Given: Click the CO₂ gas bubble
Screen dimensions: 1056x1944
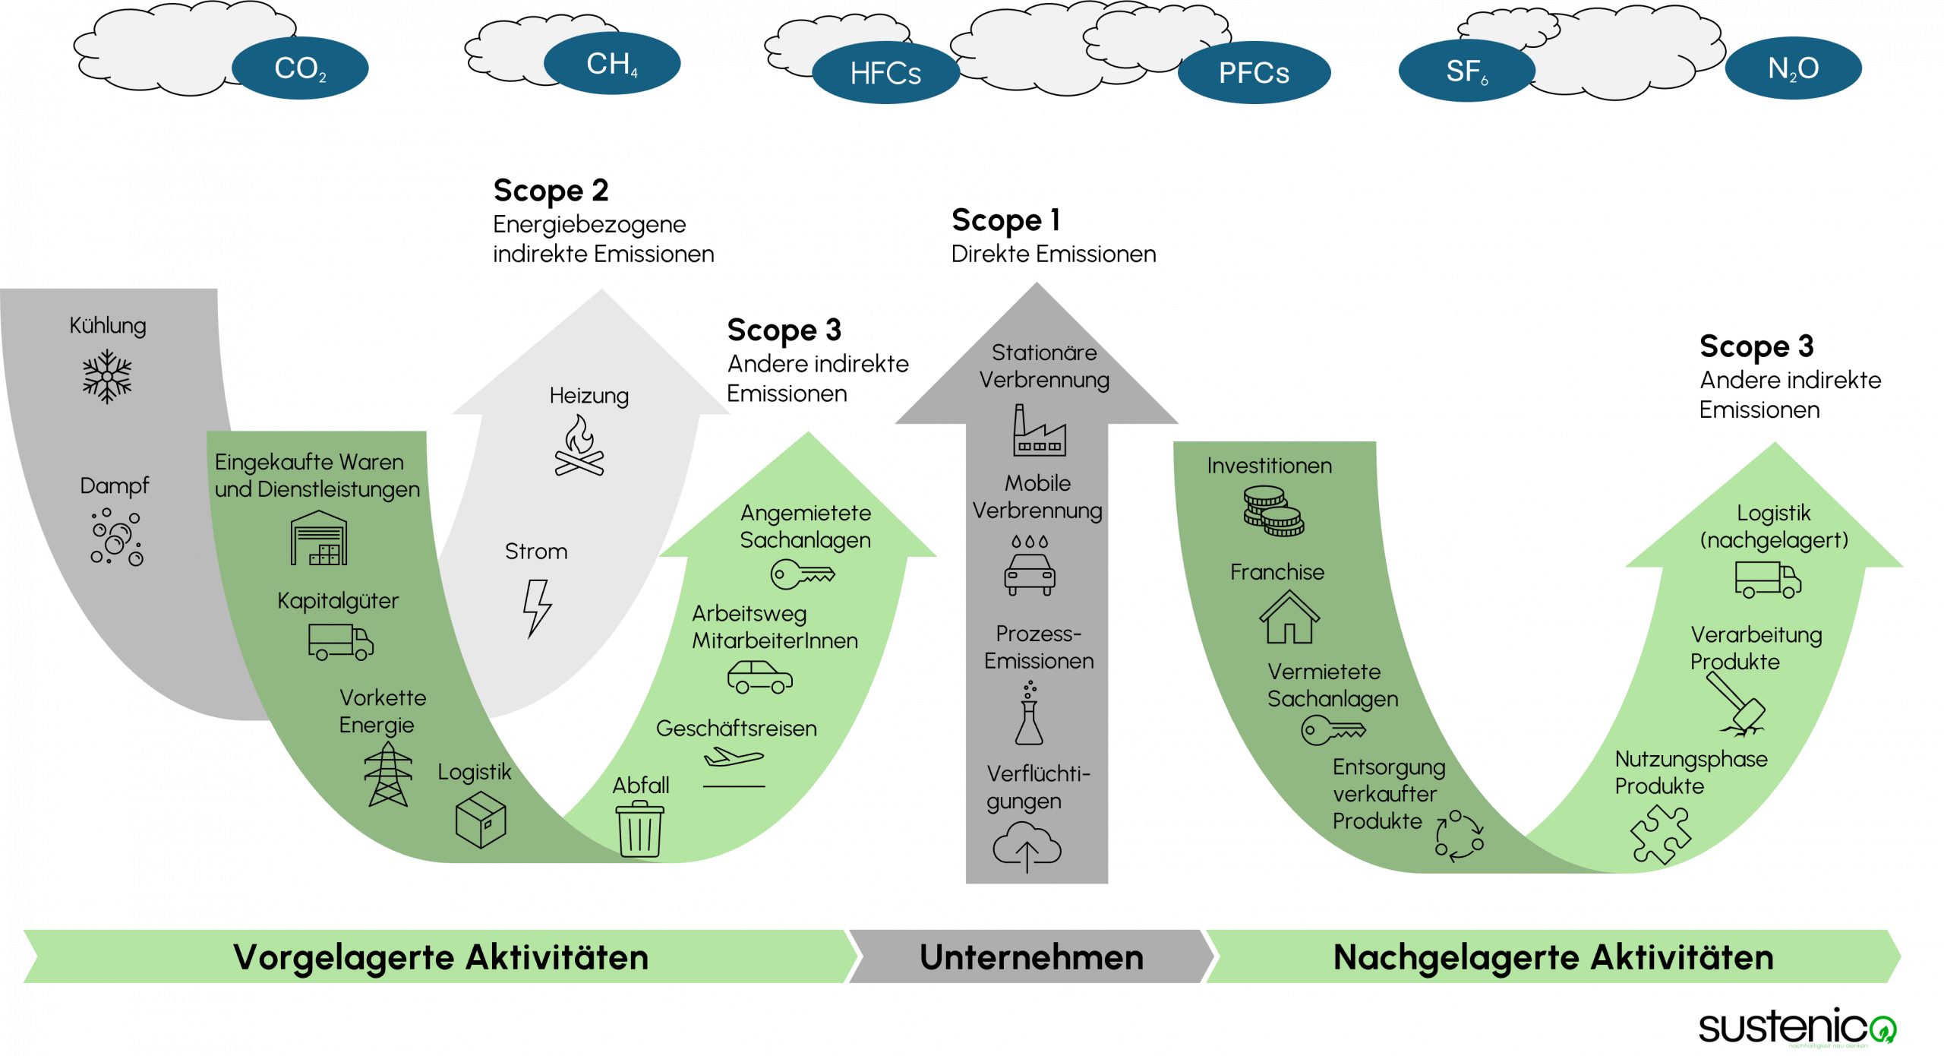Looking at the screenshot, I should (x=300, y=68).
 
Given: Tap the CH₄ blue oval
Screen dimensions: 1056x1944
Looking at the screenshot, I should (x=612, y=64).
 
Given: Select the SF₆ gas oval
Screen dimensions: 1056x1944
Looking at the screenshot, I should (x=1466, y=71).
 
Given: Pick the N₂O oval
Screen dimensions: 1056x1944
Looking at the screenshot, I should (x=1793, y=68).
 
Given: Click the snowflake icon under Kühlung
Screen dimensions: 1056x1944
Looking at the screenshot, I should (x=107, y=376).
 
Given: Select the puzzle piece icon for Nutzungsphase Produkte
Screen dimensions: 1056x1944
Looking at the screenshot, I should (x=1661, y=834).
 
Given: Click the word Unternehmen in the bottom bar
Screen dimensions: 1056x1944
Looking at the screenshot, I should (x=1031, y=957).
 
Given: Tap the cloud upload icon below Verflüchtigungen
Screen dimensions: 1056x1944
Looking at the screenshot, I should (x=1027, y=848).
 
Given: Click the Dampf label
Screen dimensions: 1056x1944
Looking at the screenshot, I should (x=115, y=486).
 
